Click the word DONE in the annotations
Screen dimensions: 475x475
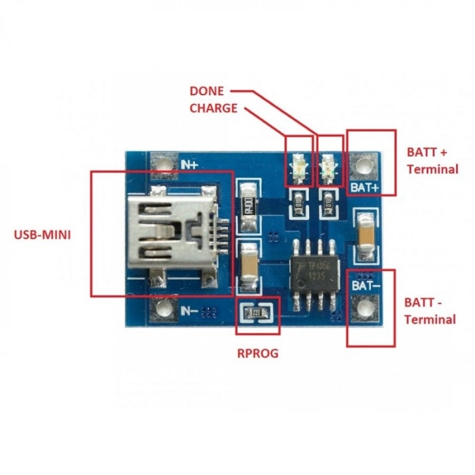207,90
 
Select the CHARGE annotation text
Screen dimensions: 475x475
214,108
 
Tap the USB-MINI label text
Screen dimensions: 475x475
42,235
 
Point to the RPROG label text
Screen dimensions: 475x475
257,353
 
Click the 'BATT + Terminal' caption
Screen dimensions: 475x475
432,160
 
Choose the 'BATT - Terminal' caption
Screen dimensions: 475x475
430,311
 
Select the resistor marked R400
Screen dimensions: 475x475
248,206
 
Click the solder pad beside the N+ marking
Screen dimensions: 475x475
163,164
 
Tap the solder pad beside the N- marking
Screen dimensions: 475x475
163,311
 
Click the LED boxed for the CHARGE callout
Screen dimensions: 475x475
330,166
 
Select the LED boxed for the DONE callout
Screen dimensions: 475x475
298,166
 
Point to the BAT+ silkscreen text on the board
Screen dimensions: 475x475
366,187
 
